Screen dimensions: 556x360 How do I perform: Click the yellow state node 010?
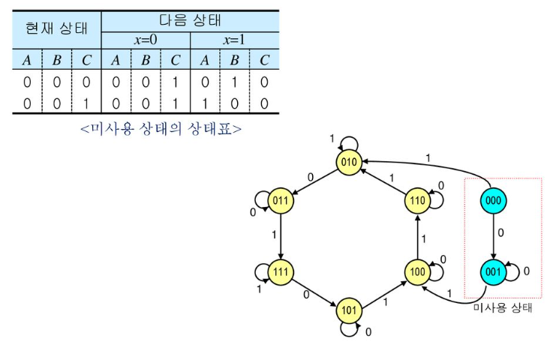[349, 162]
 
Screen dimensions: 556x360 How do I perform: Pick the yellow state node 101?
[349, 309]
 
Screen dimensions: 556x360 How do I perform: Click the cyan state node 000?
[492, 200]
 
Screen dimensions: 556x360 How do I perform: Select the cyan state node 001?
[492, 271]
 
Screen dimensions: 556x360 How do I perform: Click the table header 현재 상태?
[56, 29]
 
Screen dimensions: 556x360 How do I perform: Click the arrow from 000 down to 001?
[492, 235]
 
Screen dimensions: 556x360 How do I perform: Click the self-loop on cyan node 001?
[514, 271]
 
